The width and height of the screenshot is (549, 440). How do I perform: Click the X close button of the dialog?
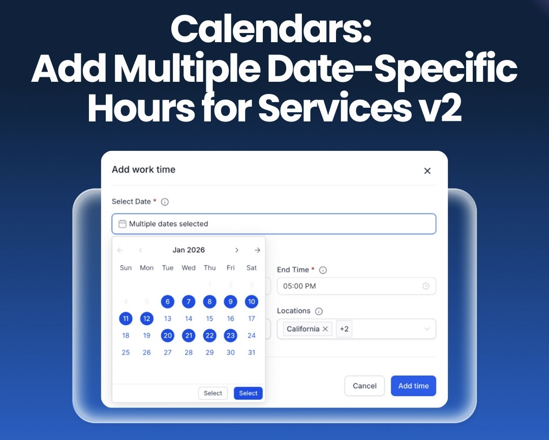[x=427, y=171]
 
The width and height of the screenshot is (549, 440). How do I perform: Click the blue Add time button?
[x=413, y=386]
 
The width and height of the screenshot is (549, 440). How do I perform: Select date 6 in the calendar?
[x=168, y=302]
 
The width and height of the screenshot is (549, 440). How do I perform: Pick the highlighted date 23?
[x=231, y=335]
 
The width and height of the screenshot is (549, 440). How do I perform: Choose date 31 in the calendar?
[x=252, y=352]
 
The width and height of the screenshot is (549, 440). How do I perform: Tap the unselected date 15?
[x=209, y=319]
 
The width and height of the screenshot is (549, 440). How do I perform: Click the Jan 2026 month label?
[x=189, y=250]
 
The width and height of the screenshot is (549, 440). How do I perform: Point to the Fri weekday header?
[x=231, y=268]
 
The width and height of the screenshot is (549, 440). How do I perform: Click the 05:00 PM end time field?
[x=351, y=286]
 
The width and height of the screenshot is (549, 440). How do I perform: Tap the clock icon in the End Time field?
[x=425, y=286]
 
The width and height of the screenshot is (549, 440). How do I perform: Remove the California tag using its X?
[x=325, y=329]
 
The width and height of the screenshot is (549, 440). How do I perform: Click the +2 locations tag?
[x=344, y=329]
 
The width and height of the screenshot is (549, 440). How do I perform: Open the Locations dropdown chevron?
[x=427, y=329]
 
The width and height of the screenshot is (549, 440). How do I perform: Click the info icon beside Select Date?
[x=165, y=202]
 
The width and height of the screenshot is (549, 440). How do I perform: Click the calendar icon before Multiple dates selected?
[x=122, y=224]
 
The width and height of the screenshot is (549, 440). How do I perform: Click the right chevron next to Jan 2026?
[x=237, y=250]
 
